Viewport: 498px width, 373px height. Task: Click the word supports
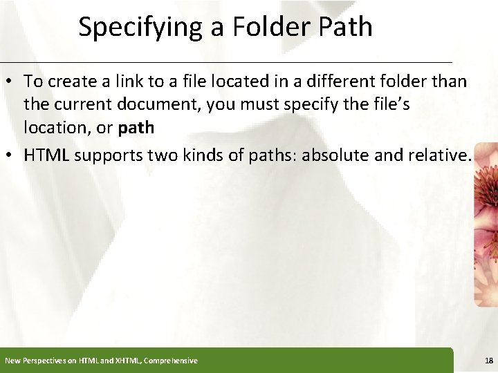107,155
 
